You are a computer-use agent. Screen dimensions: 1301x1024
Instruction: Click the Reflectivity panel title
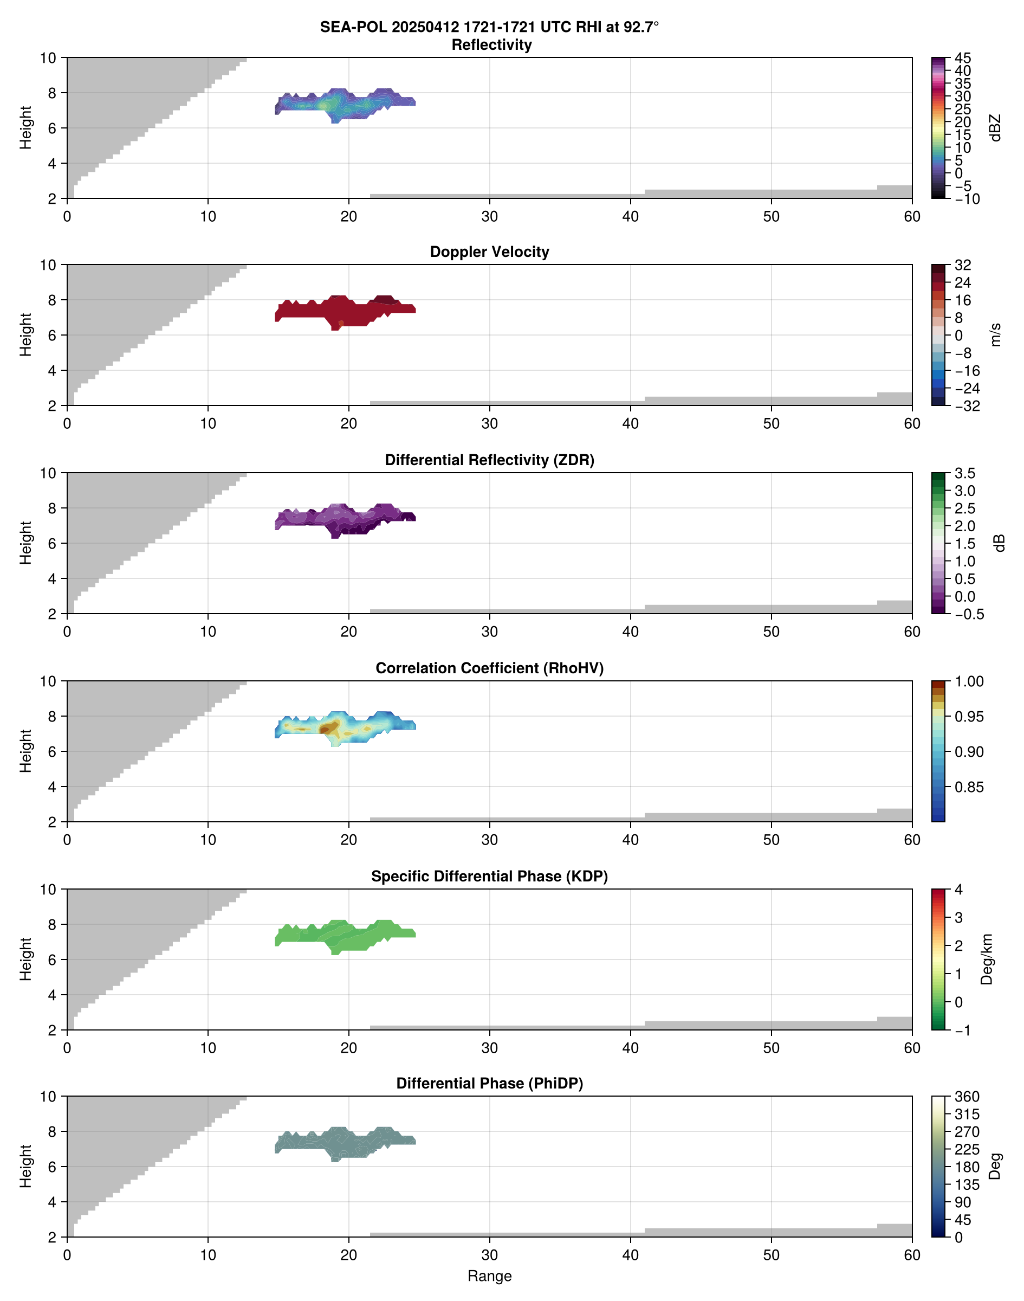pyautogui.click(x=491, y=45)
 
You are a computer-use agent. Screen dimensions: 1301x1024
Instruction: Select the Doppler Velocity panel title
pyautogui.click(x=489, y=252)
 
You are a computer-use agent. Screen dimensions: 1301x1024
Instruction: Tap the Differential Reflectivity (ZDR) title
pyautogui.click(x=489, y=460)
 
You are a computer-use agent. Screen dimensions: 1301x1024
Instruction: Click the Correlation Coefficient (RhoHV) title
pyautogui.click(x=489, y=668)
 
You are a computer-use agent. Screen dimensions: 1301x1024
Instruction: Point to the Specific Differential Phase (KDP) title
pyautogui.click(x=489, y=877)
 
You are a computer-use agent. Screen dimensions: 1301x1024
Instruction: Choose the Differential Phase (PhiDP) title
pyautogui.click(x=489, y=1083)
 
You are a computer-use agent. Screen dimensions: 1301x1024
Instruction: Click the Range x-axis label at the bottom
pyautogui.click(x=489, y=1276)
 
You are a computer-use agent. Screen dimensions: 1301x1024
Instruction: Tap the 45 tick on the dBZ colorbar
pyautogui.click(x=962, y=58)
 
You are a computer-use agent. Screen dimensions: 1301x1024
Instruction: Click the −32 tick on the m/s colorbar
pyautogui.click(x=967, y=406)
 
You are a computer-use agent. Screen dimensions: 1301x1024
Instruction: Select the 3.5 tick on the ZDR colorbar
pyautogui.click(x=964, y=473)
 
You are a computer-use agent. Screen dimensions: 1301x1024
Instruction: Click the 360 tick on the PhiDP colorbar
pyautogui.click(x=967, y=1097)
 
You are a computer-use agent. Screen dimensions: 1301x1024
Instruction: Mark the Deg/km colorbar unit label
pyautogui.click(x=987, y=959)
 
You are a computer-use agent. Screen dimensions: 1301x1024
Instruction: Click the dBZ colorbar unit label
pyautogui.click(x=995, y=128)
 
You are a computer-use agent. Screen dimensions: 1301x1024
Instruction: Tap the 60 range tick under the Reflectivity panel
pyautogui.click(x=912, y=216)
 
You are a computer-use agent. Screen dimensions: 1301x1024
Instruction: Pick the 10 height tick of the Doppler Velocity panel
pyautogui.click(x=48, y=265)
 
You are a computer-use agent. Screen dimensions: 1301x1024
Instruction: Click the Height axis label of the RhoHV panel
pyautogui.click(x=25, y=751)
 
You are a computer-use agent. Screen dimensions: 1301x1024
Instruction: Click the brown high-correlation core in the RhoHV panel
pyautogui.click(x=327, y=728)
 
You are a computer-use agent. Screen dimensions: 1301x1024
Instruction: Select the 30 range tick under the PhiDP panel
pyautogui.click(x=489, y=1255)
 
